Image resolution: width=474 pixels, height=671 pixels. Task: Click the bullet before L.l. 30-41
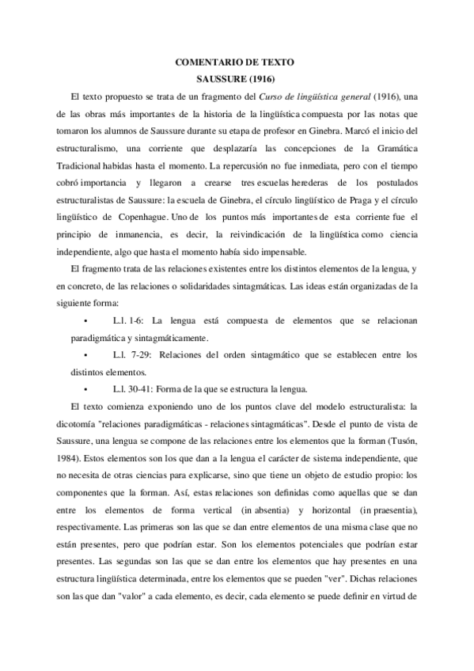pyautogui.click(x=84, y=390)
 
